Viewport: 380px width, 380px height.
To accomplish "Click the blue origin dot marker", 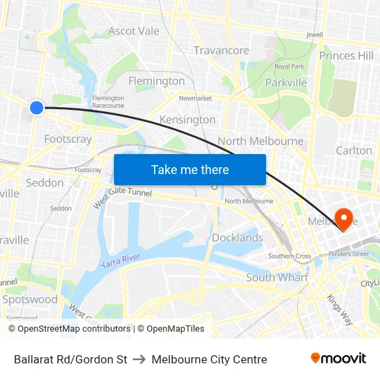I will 37,107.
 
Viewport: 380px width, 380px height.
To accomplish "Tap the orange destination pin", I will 342,216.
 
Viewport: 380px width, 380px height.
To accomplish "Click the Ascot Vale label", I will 133,31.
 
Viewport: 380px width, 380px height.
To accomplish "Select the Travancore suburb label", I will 221,50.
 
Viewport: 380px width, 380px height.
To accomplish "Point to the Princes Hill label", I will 346,55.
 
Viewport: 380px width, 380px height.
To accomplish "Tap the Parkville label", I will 287,83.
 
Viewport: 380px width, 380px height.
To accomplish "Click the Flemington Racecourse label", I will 108,102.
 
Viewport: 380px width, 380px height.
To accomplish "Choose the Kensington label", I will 187,120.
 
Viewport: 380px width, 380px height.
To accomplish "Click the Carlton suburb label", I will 354,151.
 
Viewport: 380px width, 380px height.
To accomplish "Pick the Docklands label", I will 238,238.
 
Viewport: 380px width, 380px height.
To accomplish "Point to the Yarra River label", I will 120,261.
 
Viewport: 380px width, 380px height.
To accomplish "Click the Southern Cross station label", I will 289,256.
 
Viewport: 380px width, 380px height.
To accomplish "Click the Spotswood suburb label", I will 30,300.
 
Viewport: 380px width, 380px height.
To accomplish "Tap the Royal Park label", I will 289,66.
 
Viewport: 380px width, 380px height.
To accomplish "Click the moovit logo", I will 339,358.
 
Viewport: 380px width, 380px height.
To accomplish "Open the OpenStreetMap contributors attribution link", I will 73,329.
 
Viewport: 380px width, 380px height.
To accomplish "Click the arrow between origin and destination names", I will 139,359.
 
